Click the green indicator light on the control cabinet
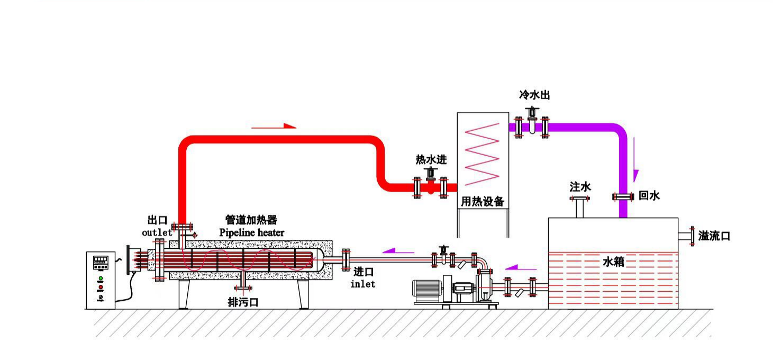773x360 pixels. [x=101, y=278]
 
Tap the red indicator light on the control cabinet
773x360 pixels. [x=101, y=287]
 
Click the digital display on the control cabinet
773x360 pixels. [x=101, y=261]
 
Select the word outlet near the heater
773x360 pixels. [x=157, y=232]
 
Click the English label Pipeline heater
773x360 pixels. [x=251, y=232]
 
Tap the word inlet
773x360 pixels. [x=363, y=284]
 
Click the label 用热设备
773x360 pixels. [x=483, y=202]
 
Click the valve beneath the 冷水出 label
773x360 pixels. [x=532, y=121]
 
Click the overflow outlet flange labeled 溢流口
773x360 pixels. [x=691, y=236]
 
